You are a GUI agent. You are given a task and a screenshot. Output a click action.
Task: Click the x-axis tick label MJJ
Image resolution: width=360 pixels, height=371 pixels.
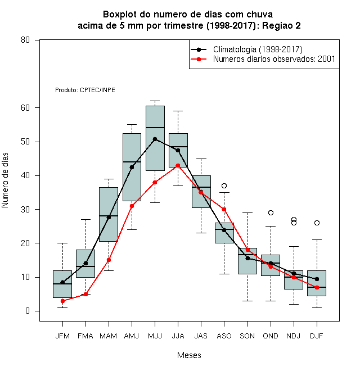155,336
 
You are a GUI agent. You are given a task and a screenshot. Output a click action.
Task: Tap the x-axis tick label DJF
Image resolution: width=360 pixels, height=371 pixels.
317,336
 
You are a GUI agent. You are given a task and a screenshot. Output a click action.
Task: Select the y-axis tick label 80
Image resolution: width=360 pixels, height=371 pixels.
25,40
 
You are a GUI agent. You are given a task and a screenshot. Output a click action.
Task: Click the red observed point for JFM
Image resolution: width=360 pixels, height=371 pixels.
62,301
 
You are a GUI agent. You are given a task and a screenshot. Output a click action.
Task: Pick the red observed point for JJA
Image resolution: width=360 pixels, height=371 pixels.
178,166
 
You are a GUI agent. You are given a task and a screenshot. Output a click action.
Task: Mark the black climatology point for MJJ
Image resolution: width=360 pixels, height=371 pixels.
155,139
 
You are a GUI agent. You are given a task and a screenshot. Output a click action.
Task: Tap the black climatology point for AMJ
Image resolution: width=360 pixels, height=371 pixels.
132,168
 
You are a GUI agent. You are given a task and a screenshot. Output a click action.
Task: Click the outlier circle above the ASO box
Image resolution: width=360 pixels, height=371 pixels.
224,185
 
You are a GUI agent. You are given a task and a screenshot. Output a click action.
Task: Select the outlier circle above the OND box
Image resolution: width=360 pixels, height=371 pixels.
271,212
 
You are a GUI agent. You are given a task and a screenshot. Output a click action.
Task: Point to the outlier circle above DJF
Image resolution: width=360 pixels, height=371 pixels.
317,223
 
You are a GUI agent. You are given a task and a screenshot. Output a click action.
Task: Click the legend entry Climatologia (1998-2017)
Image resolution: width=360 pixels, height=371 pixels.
258,49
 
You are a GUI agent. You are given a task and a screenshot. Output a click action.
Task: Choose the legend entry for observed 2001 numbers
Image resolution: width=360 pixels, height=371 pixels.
274,59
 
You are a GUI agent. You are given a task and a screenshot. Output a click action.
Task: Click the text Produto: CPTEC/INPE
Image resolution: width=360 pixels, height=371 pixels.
85,90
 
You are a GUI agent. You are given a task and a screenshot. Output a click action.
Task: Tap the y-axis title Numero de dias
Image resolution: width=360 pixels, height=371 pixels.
5,180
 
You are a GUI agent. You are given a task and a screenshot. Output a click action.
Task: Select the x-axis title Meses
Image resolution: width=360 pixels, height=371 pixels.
189,355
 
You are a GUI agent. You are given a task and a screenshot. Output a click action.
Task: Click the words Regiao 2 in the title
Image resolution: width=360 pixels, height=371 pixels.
281,25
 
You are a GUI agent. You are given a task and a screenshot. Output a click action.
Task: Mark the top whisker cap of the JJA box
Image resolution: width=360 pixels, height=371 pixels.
178,111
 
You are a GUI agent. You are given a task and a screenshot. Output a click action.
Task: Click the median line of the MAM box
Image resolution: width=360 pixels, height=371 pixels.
109,216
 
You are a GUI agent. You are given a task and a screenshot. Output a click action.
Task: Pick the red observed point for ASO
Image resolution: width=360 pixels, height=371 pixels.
224,210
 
